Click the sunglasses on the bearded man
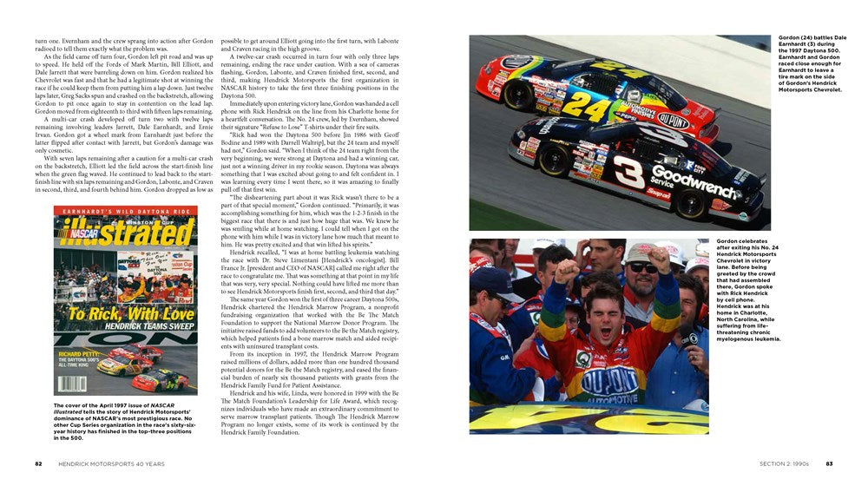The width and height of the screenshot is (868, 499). pyautogui.click(x=645, y=267)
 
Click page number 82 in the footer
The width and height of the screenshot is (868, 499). pyautogui.click(x=38, y=463)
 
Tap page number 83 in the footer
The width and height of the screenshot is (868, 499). pyautogui.click(x=830, y=463)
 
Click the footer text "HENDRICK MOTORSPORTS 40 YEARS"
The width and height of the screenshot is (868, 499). pyautogui.click(x=110, y=463)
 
